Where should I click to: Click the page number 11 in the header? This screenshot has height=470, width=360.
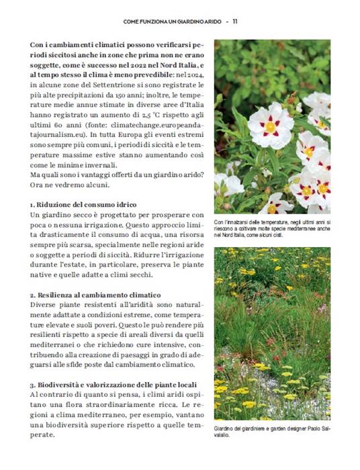[236, 21]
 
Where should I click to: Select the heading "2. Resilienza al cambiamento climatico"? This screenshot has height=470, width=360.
[95, 295]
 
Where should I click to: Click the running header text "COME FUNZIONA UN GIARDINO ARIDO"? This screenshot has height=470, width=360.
[171, 21]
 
